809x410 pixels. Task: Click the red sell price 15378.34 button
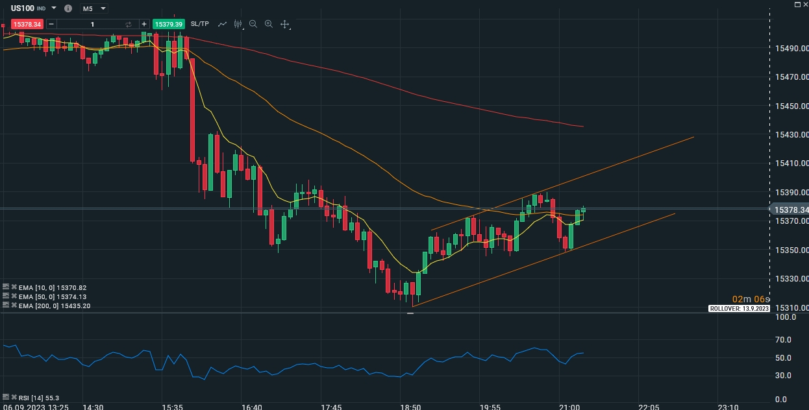click(x=27, y=24)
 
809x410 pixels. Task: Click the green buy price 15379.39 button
click(x=169, y=24)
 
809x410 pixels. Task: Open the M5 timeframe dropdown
click(x=93, y=8)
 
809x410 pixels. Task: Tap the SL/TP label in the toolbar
click(x=200, y=24)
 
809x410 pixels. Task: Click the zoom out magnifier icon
click(x=253, y=24)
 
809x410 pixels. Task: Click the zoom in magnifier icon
click(x=269, y=24)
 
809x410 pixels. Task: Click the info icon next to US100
click(x=68, y=8)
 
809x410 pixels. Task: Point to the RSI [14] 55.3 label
click(x=39, y=398)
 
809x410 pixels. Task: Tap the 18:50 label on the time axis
click(x=410, y=407)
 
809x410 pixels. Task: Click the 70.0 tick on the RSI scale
click(x=783, y=339)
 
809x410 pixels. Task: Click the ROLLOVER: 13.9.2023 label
click(x=738, y=309)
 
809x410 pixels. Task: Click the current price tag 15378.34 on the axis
click(x=790, y=210)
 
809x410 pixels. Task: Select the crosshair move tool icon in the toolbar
click(x=284, y=24)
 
